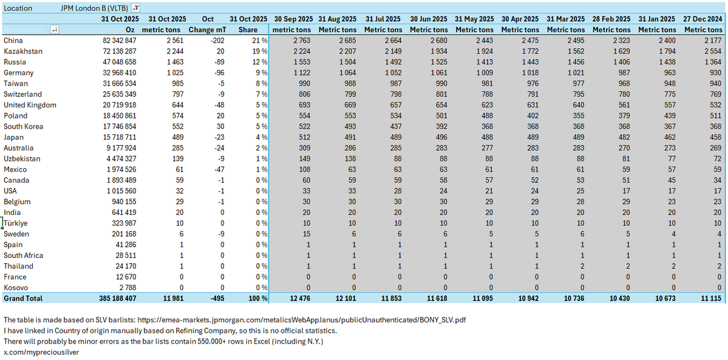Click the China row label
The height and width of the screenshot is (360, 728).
(x=13, y=40)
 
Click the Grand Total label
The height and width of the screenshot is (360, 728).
(x=23, y=298)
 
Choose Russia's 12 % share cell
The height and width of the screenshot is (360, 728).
(x=260, y=62)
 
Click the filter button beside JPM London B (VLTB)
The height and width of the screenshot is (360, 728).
(x=135, y=8)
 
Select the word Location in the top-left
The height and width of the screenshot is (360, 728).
(x=18, y=8)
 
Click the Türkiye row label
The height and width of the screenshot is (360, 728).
(x=16, y=223)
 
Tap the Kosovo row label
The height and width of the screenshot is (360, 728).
(x=15, y=287)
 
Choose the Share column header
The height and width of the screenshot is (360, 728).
(x=257, y=29)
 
